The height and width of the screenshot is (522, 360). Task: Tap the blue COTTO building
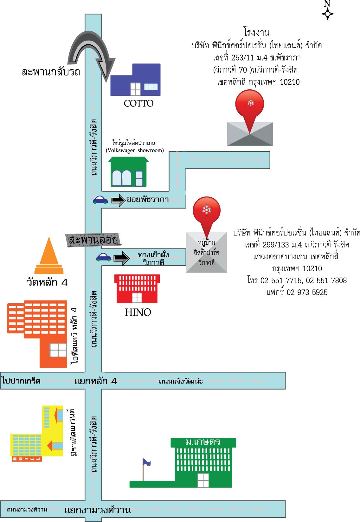coord(135,80)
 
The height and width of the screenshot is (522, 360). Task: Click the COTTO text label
coord(138,103)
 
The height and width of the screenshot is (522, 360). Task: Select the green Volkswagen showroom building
coord(128,171)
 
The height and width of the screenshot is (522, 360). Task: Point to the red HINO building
coord(137,289)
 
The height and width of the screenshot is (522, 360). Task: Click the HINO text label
coord(138,313)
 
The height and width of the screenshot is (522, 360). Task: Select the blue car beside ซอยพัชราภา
coord(100,200)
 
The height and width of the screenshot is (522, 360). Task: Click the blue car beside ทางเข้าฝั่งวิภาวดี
coord(104,257)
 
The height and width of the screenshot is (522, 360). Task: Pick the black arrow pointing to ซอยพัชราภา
coord(119,200)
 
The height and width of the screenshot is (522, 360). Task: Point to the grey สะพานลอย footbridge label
coord(93,240)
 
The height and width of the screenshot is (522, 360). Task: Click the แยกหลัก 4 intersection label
coord(95,381)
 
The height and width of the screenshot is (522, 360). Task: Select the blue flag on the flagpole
coord(146,462)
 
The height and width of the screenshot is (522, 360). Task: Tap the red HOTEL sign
coord(27,459)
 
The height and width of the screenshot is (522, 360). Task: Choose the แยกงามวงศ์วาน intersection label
coord(98,510)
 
